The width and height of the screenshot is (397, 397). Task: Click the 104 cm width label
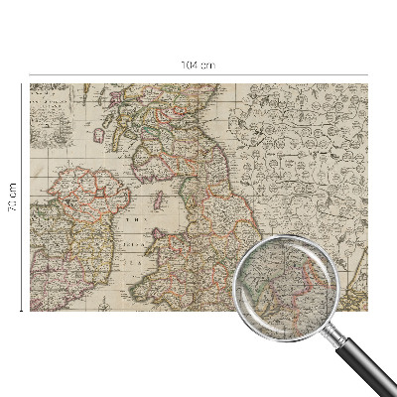pos(198,65)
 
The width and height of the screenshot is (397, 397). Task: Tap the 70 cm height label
pos(13,198)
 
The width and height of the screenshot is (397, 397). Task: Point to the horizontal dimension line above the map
pos(119,74)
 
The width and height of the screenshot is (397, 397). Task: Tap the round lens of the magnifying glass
pos(282,283)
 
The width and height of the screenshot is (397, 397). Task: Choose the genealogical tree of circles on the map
pos(298,149)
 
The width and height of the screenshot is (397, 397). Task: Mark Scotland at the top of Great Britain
pos(159,139)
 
